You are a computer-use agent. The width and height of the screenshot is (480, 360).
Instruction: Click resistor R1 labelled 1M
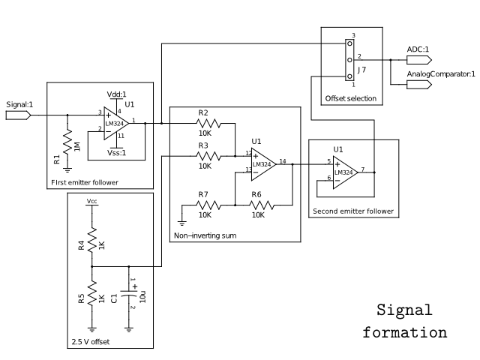point(67,140)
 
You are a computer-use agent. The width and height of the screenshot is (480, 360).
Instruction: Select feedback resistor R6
point(257,204)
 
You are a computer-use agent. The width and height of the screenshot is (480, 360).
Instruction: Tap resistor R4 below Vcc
point(91,242)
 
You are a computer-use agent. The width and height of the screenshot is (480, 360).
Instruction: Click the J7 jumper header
point(349,59)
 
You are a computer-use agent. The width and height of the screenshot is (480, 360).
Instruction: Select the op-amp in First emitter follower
point(114,122)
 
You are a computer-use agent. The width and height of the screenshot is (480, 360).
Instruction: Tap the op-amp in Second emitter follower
point(343,172)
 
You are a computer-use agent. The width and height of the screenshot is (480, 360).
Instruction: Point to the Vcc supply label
point(91,202)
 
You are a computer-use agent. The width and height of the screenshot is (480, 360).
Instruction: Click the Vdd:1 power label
point(116,94)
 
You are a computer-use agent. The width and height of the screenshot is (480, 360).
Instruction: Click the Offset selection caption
point(350,98)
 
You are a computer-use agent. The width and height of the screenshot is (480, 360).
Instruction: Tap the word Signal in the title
point(405,310)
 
